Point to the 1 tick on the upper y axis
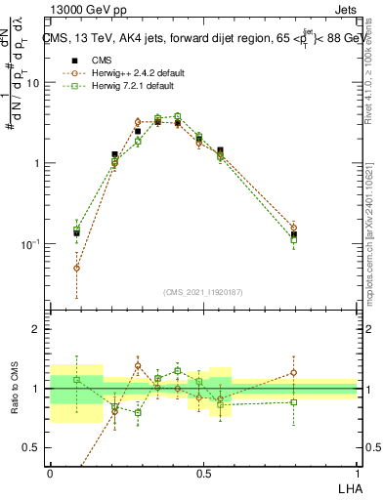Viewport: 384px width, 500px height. (37, 163)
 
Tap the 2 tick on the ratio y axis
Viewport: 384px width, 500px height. (36, 329)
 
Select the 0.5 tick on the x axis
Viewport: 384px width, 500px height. (203, 472)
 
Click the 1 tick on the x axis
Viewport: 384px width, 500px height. (356, 472)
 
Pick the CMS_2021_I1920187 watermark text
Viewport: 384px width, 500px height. (203, 292)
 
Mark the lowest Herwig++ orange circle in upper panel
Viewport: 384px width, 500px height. (77, 268)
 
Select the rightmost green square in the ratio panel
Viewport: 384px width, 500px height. (293, 402)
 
